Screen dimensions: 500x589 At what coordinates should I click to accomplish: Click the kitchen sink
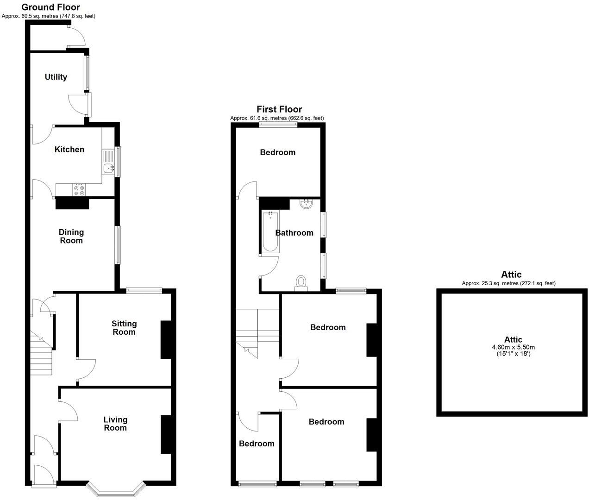coord(109,169)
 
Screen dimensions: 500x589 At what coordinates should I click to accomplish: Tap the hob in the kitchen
coord(79,190)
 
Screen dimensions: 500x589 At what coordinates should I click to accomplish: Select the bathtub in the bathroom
coord(270,232)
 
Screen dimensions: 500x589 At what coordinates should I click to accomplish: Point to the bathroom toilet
coord(301,283)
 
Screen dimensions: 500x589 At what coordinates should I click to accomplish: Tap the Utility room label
coord(56,77)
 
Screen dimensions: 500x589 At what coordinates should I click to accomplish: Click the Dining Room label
coord(71,236)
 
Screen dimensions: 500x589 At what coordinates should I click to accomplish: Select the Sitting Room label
coord(124,328)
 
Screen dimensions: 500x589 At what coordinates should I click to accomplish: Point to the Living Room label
coord(115,424)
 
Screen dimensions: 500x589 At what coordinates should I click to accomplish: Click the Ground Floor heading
coord(50,7)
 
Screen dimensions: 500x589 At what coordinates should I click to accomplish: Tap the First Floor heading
coord(279,109)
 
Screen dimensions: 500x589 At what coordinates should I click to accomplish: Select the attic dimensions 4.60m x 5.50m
coord(513,347)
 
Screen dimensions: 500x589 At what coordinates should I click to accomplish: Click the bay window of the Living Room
coord(116,490)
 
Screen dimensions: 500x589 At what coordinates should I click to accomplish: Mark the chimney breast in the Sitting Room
coord(166,339)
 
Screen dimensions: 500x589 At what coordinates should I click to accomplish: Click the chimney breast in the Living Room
coord(166,434)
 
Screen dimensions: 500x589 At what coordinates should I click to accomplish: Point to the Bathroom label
coord(294,233)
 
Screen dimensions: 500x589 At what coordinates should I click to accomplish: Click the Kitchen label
coord(69,150)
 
